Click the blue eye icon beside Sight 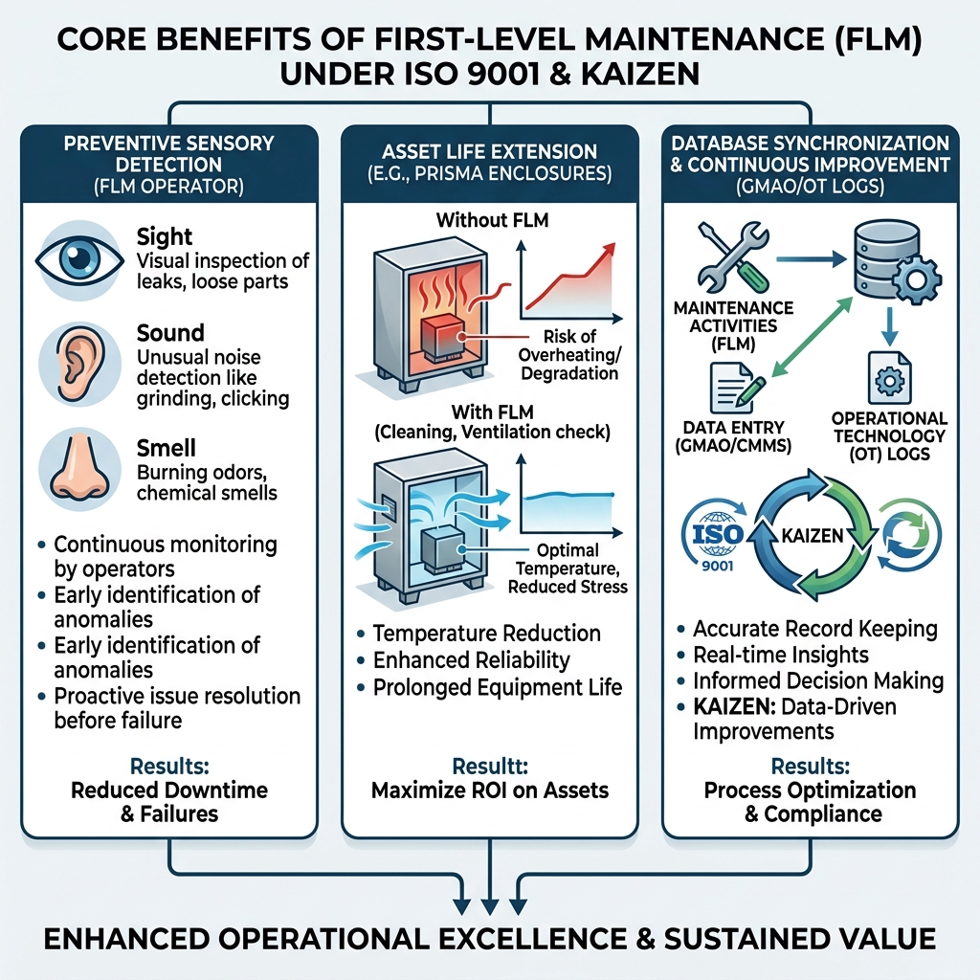(x=79, y=258)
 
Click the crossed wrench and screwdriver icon (x=732, y=258)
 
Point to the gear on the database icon (x=916, y=279)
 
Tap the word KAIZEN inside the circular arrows (x=813, y=536)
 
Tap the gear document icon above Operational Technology (x=889, y=379)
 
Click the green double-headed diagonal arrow (x=812, y=338)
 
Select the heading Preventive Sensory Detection (x=168, y=154)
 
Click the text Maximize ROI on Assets (x=490, y=791)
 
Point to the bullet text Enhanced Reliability (x=471, y=660)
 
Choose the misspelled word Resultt (x=490, y=767)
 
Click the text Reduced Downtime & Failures (x=169, y=802)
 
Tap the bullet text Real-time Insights (x=781, y=655)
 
